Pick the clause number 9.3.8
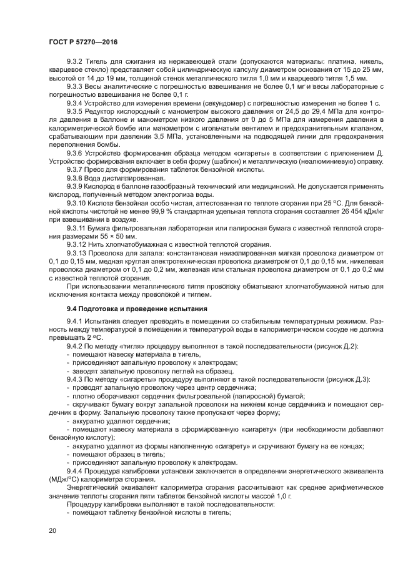point(75,178)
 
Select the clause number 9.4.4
point(75,470)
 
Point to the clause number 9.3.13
point(77,252)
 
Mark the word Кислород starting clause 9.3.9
point(102,186)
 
